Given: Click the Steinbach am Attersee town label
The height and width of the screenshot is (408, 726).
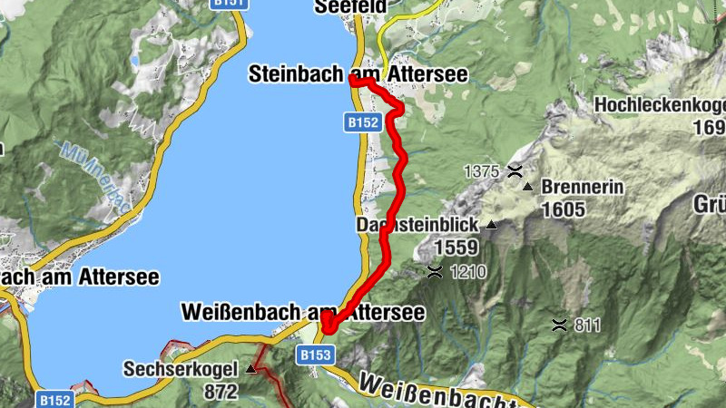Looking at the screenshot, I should [358, 74].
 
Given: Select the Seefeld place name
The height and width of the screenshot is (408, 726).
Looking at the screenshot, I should [349, 7].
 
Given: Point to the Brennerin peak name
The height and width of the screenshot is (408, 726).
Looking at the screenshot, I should [582, 188].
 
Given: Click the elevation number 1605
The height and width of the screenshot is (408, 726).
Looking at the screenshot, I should [565, 209].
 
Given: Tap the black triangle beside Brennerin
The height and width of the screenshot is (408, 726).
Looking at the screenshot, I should [528, 187].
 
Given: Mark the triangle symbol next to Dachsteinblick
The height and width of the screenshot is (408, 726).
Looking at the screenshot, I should [492, 224].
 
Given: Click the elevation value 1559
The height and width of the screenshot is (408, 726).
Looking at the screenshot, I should [457, 247].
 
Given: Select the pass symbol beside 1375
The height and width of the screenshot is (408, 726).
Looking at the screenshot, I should [515, 170].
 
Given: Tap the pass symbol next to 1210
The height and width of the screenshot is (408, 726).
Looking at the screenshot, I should [436, 271].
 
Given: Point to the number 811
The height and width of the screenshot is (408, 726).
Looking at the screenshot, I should [587, 325].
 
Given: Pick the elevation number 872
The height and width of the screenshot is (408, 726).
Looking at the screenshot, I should [221, 392].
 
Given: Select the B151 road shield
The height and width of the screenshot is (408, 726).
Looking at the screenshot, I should [229, 4].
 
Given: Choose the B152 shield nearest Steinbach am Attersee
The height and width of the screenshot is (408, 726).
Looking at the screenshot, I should [360, 122].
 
